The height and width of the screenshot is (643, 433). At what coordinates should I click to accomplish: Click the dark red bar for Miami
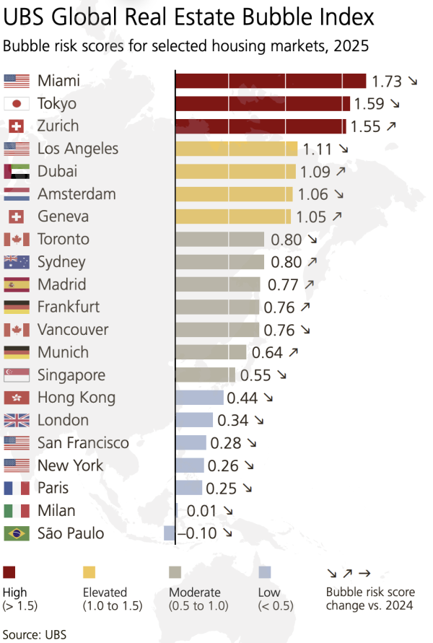271,81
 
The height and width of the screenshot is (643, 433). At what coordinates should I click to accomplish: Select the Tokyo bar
263,104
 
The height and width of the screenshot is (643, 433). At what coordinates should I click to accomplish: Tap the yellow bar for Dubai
235,172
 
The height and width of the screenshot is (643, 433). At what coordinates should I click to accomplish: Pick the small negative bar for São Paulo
170,534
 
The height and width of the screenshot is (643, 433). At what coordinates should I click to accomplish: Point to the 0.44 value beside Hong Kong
242,398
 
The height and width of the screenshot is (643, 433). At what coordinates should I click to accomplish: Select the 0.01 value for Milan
201,511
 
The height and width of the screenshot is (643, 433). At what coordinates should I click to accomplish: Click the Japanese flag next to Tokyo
17,104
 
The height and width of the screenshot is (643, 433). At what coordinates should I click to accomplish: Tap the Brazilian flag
17,534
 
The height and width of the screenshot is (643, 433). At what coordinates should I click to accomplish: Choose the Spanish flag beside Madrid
17,285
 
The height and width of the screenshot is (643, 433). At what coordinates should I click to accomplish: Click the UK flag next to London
17,421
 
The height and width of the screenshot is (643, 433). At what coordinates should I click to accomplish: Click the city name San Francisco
83,443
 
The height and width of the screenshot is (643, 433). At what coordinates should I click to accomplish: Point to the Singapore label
71,375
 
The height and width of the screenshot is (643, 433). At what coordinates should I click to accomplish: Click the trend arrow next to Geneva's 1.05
337,216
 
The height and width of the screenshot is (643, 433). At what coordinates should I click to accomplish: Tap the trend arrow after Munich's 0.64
293,353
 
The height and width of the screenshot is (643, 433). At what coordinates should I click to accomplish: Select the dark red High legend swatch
9,573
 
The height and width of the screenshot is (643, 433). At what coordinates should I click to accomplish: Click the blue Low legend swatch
265,573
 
